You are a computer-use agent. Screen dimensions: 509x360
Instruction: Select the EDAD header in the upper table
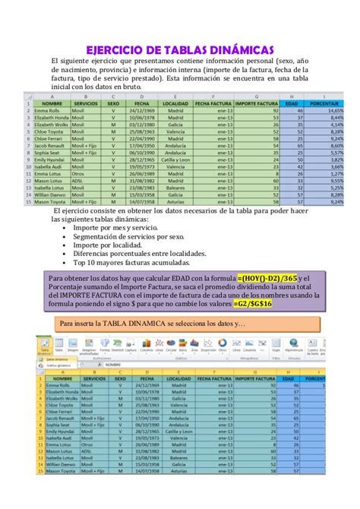tap(291, 103)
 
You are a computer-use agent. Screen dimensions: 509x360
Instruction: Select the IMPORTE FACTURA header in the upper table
tap(256, 103)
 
